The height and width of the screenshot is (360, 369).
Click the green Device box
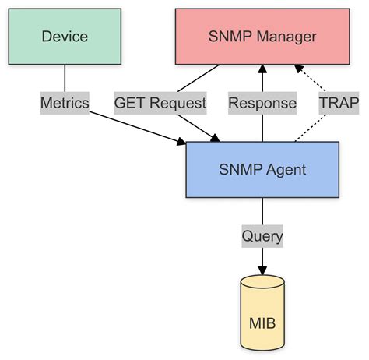65,37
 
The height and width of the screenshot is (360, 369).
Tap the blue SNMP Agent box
262,169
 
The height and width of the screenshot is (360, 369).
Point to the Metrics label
65,102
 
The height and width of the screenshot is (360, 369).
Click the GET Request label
160,102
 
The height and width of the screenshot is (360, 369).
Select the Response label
262,102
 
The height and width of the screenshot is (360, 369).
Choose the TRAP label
336,102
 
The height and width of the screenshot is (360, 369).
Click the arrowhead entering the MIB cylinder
262,267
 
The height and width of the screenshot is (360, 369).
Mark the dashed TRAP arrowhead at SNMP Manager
297,69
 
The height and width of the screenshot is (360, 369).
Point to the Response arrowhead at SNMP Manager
262,69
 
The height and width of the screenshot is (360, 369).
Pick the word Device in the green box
65,37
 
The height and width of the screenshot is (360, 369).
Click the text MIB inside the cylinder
262,322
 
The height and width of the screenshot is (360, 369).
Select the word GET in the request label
129,102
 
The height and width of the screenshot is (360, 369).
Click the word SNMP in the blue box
241,169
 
